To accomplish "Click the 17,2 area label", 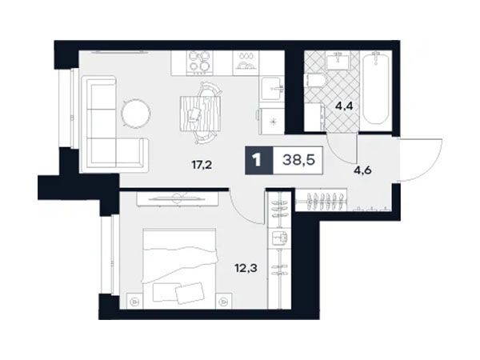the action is pos(202,166).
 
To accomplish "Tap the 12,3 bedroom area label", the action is pos(246,269).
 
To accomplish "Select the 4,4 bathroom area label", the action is pos(344,106).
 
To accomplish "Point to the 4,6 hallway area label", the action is pos(362,170).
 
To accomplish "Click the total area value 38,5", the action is pos(298,160).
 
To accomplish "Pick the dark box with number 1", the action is pos(258,161).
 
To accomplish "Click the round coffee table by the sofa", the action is pos(136,114).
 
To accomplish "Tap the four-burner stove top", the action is pos(199,62).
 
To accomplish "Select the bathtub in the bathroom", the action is pos(376,88).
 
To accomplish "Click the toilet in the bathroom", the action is pos(316,82).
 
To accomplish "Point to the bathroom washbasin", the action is pos(338,61).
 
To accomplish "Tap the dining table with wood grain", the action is pos(201,114).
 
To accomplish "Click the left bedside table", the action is pos(134,301).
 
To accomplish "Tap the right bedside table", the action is pos(224,301).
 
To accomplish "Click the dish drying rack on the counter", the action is pos(246,62).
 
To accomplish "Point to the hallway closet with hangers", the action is pos(321,200).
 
